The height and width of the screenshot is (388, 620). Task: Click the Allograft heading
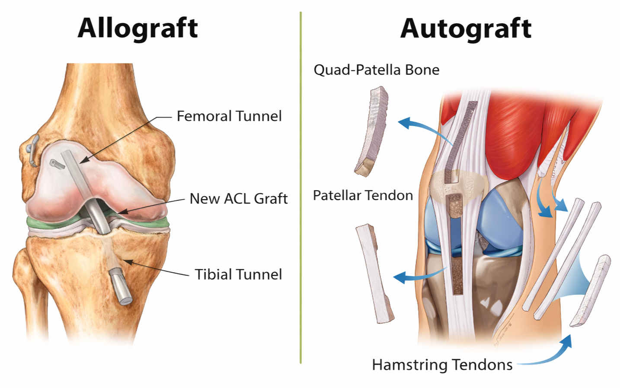[x=137, y=28]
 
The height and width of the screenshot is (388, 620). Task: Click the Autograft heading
[x=466, y=29]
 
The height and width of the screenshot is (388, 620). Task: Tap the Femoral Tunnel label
[x=229, y=116]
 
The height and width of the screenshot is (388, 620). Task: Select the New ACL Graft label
[x=239, y=198]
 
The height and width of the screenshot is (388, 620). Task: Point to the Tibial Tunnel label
[x=238, y=274]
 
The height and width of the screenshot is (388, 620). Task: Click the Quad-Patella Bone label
[x=376, y=70]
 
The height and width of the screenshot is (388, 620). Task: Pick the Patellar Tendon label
[x=363, y=195]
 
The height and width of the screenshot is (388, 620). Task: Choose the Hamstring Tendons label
[x=442, y=365]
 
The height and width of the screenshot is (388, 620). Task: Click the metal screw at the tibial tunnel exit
[x=121, y=286]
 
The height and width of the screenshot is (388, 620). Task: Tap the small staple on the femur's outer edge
[x=32, y=149]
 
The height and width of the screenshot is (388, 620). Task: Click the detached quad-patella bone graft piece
[x=372, y=131]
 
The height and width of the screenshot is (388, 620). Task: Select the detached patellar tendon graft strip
[x=374, y=274]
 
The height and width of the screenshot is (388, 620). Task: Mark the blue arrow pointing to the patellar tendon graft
[x=415, y=276]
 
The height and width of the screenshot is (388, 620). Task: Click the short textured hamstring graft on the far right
[x=590, y=290]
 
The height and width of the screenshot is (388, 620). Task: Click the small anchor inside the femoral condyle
[x=56, y=164]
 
